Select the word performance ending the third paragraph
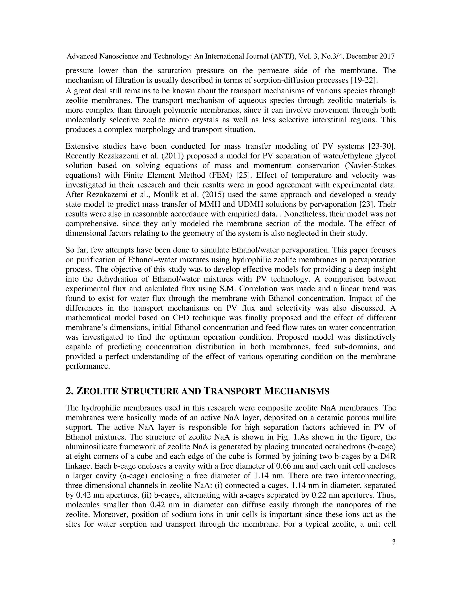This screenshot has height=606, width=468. [x=87, y=367]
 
